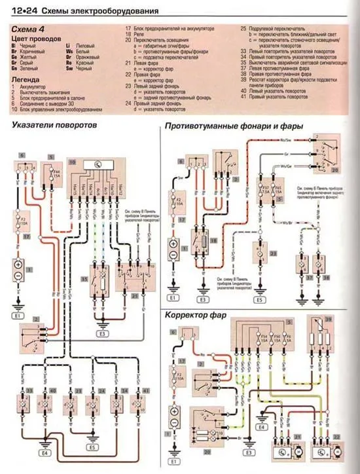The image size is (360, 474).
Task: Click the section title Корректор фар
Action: pos(196,315)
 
